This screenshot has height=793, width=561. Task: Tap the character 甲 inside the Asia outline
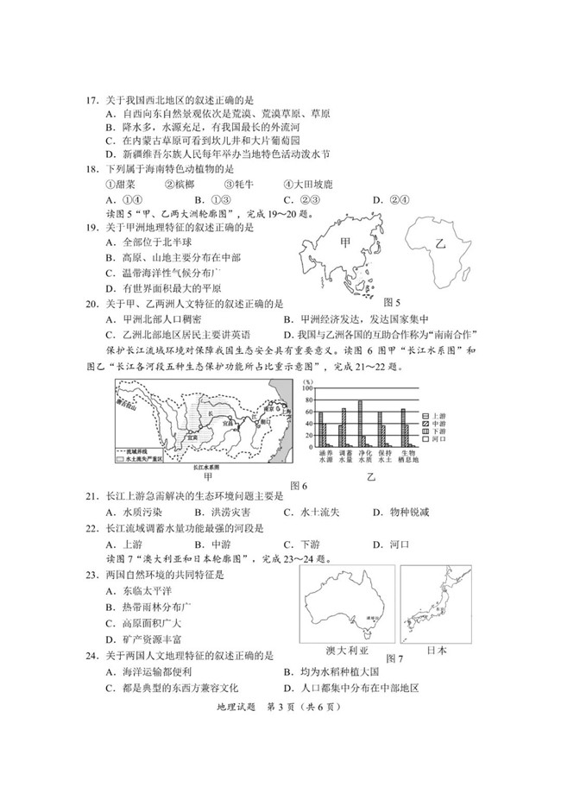[x=346, y=243]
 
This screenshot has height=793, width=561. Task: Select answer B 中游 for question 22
[x=207, y=544]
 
